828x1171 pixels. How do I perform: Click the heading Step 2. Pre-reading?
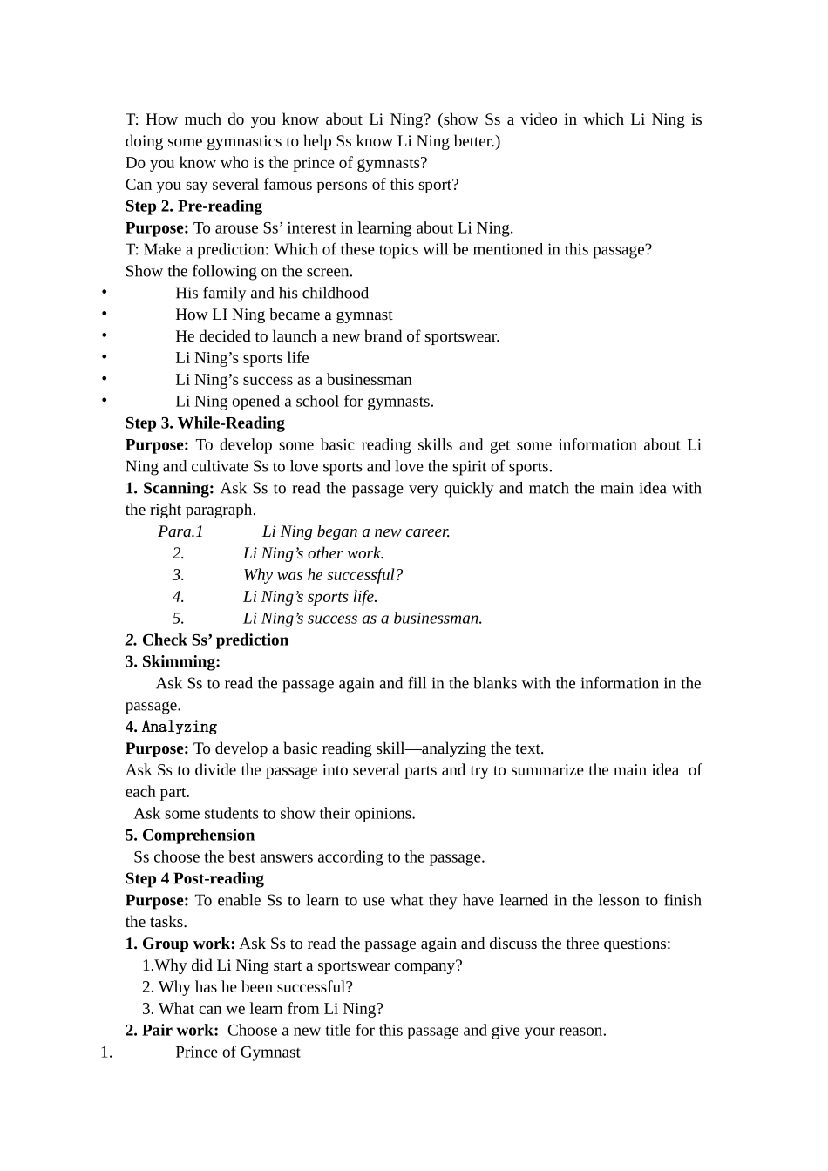(193, 206)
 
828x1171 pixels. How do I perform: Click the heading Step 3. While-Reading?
(205, 423)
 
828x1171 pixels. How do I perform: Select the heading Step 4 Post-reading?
(194, 879)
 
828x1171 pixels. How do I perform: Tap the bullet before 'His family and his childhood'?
(104, 293)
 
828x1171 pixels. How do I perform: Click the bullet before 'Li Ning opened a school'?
(104, 401)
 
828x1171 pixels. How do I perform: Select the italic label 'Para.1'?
(180, 531)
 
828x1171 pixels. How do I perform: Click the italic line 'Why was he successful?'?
(322, 575)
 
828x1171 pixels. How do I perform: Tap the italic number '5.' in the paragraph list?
(178, 619)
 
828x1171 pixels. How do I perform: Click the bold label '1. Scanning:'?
(170, 489)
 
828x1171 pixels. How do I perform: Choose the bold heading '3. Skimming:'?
(173, 662)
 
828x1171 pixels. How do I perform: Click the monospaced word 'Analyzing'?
(180, 727)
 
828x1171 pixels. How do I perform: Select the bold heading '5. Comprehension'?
(190, 836)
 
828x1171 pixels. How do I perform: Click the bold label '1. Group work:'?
(180, 944)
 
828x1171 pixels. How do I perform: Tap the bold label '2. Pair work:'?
(172, 1031)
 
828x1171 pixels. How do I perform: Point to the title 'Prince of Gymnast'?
(237, 1053)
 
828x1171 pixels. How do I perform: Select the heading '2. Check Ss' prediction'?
(207, 640)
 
